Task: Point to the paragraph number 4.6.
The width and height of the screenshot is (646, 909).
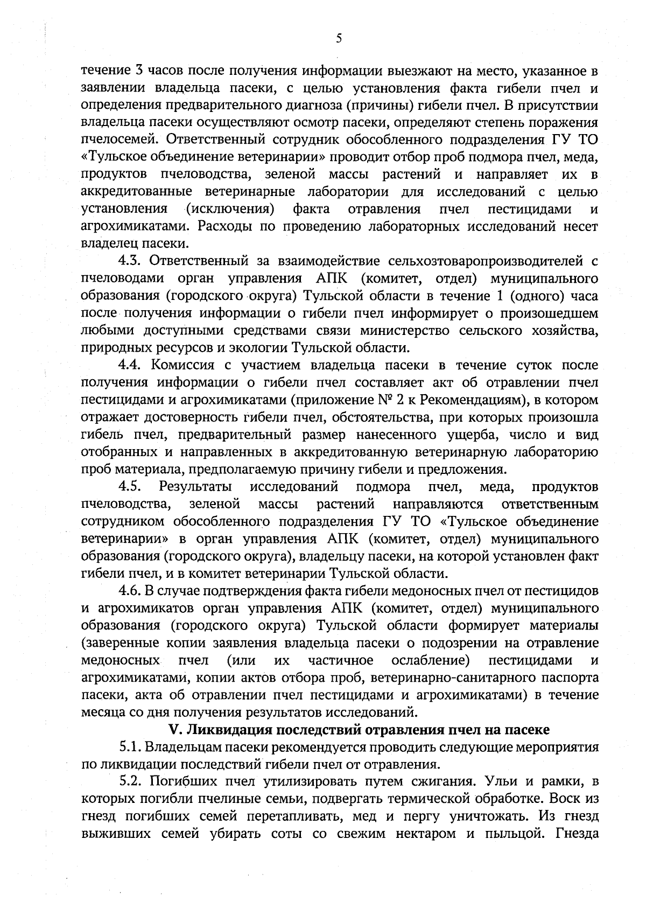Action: point(130,591)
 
